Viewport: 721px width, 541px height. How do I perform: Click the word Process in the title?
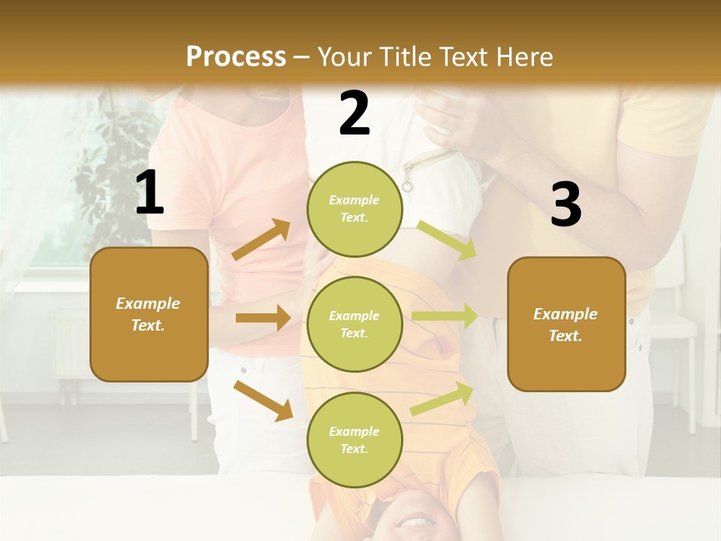236,57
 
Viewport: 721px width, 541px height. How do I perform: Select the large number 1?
149,193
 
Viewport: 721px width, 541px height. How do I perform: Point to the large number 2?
354,113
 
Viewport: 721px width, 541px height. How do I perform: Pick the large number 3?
566,205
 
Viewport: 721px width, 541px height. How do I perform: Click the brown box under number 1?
149,314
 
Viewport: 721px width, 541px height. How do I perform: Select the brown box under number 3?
566,324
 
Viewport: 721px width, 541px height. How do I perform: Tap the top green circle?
354,209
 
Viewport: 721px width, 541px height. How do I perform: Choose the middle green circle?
354,324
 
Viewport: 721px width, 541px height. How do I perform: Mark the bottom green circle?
354,440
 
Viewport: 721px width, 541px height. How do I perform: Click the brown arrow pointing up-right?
261,240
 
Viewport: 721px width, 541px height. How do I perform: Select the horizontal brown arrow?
263,318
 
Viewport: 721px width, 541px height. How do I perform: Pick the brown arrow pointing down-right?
263,400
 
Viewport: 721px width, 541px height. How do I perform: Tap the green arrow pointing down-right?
446,240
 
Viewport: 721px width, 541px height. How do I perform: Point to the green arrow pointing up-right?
442,398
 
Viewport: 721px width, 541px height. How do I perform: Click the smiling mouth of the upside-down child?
412,520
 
